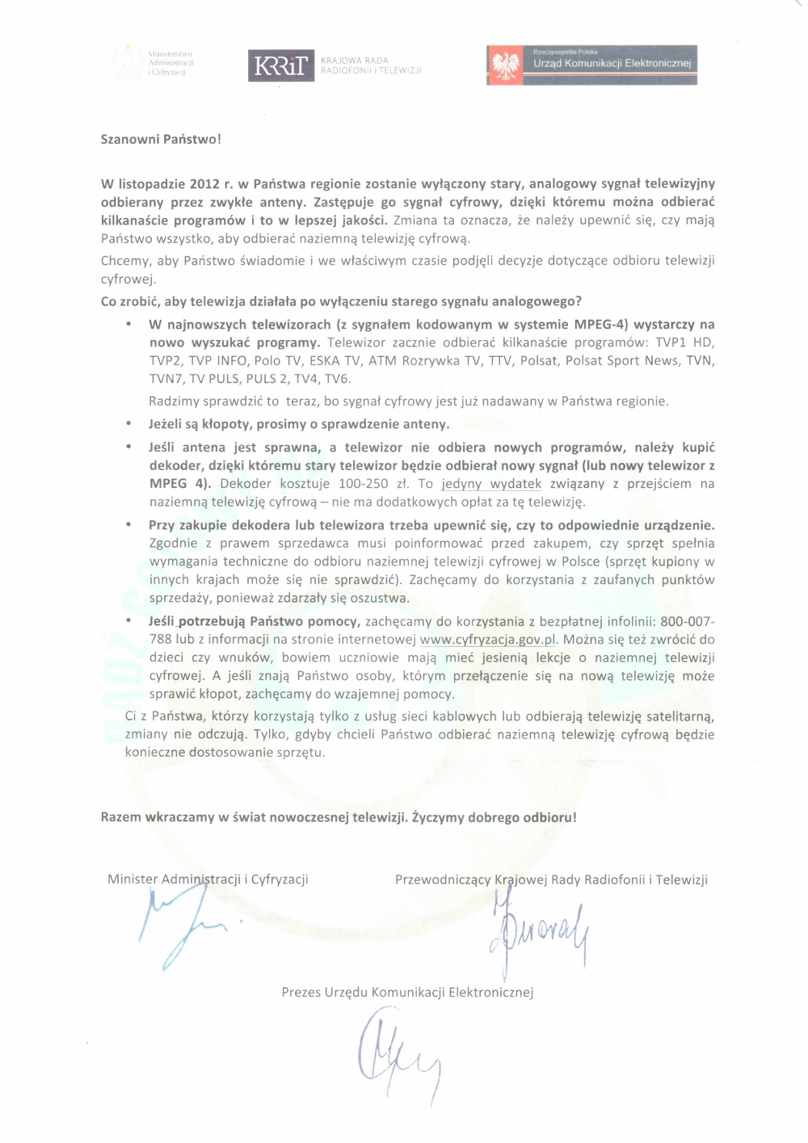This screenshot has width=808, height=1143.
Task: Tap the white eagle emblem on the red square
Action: click(x=507, y=65)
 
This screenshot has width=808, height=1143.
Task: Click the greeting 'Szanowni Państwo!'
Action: click(x=161, y=139)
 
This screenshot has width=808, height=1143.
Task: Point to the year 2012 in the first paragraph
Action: click(x=205, y=184)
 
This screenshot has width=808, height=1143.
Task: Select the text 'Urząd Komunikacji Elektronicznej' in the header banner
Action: click(x=612, y=63)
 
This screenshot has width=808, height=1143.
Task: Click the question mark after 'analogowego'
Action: click(x=579, y=302)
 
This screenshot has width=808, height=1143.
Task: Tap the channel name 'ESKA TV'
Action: click(x=335, y=361)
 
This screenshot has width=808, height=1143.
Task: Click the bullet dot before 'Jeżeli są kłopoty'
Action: click(x=128, y=424)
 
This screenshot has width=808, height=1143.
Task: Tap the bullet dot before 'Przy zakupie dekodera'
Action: click(x=128, y=525)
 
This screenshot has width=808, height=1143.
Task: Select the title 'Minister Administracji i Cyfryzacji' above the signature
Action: click(x=208, y=880)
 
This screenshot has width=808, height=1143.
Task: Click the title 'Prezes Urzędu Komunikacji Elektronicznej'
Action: click(x=407, y=993)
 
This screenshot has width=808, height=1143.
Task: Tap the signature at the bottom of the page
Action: click(x=398, y=1058)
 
